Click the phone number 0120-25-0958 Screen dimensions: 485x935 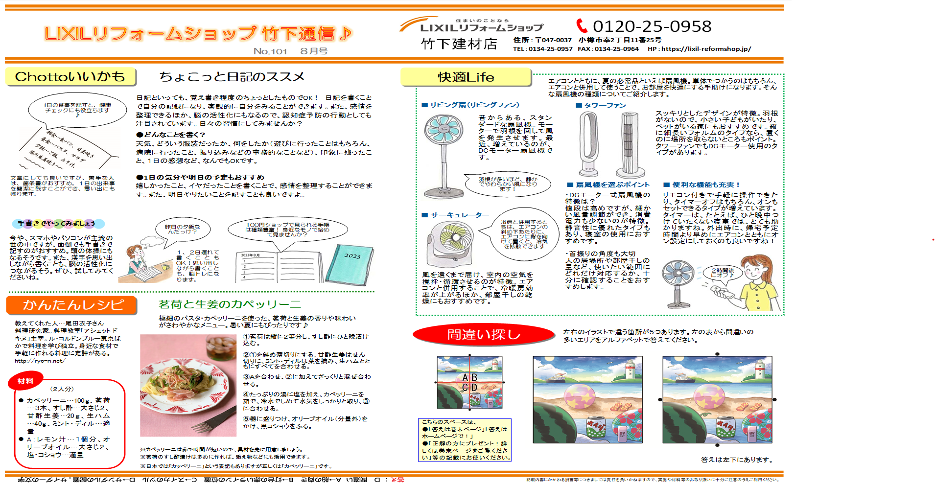point(652,26)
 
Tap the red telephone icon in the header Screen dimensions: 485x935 point(581,25)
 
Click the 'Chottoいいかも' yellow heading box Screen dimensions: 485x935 point(70,77)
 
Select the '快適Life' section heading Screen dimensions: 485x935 point(466,77)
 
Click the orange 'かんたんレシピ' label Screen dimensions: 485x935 point(72,305)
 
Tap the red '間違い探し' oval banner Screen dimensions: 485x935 point(483,335)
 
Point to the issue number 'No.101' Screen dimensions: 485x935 point(270,51)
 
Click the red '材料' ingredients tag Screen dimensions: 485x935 point(25,381)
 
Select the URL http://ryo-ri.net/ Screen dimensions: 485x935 point(40,361)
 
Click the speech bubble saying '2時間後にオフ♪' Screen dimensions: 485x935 point(722,273)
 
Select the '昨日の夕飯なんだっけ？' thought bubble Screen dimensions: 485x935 point(183,229)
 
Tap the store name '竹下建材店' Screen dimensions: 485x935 point(459,44)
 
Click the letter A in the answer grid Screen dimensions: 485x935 point(465,378)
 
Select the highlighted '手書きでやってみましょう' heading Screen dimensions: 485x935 point(57,224)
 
